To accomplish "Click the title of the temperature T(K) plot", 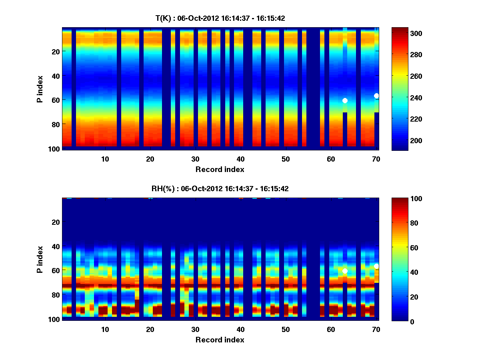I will pos(220,18).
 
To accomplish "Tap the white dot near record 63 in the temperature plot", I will pos(345,100).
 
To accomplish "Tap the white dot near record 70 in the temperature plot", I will pos(376,96).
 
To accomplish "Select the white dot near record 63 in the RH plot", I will pos(345,271).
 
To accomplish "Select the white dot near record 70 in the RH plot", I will pos(376,266).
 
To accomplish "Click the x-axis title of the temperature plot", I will pos(220,169).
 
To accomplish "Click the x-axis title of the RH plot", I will pos(220,340).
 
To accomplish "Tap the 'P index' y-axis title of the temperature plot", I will pos(40,89).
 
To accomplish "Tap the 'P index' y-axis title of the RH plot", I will pos(40,259).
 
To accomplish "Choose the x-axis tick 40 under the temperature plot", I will pos(240,159).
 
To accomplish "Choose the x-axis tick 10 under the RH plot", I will pos(105,329).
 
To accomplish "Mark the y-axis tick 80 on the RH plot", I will pos(55,295).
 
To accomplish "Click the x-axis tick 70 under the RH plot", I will pos(376,329).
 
